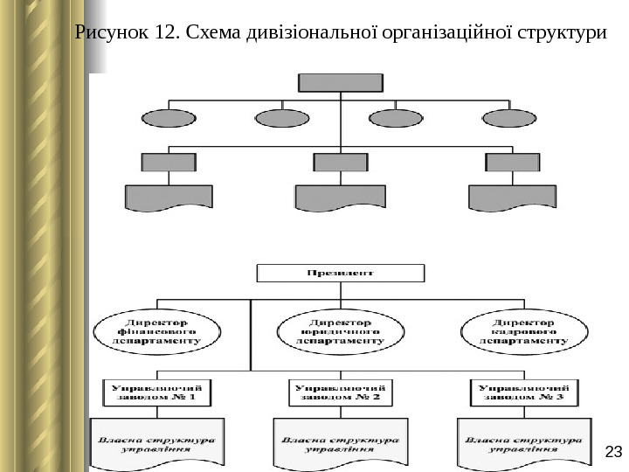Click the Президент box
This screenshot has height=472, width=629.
point(341,273)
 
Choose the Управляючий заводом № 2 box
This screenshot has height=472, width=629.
point(340,391)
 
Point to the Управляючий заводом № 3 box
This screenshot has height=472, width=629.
point(524,391)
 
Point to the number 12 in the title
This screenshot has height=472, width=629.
point(165,34)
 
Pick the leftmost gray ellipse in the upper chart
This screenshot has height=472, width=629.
point(169,118)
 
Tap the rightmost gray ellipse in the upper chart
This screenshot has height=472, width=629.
point(509,118)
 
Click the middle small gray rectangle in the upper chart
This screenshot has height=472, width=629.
point(341,162)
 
